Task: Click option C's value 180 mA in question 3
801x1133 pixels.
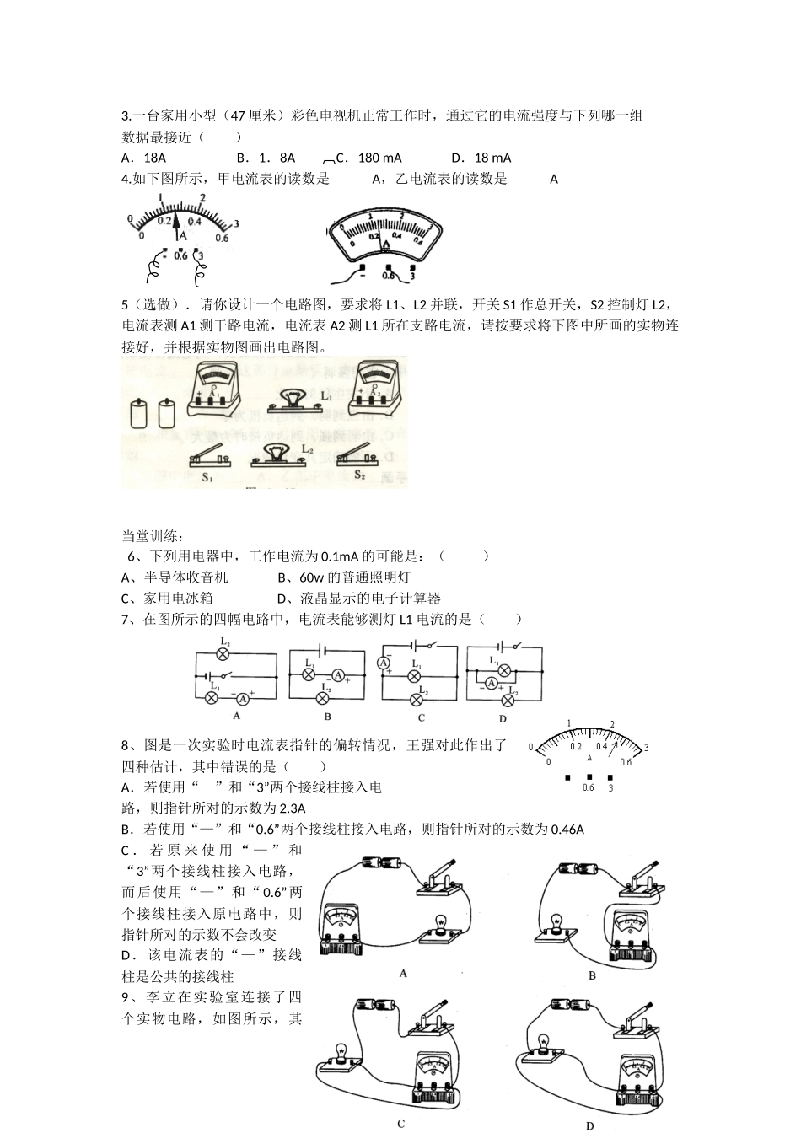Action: click(x=379, y=158)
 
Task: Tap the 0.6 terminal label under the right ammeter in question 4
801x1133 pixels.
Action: click(x=388, y=274)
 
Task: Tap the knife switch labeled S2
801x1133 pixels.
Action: click(x=357, y=453)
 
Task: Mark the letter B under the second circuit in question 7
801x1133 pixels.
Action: click(x=327, y=717)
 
